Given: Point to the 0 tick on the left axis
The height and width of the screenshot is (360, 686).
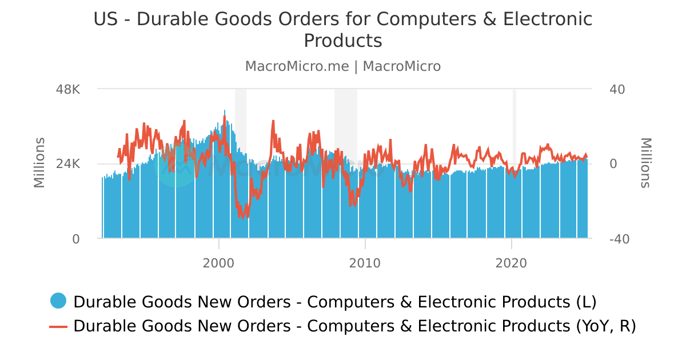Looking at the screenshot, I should pyautogui.click(x=76, y=239).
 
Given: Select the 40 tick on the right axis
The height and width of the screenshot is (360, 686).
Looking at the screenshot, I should pyautogui.click(x=617, y=90).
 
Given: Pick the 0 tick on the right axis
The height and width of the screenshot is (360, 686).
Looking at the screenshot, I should pyautogui.click(x=613, y=164).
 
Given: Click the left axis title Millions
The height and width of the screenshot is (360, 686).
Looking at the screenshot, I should pyautogui.click(x=39, y=163).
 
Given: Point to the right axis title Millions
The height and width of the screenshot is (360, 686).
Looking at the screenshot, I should pyautogui.click(x=645, y=163).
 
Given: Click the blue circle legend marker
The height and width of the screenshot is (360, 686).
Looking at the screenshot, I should pyautogui.click(x=58, y=301).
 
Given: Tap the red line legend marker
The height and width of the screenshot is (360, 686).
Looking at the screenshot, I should pyautogui.click(x=58, y=326).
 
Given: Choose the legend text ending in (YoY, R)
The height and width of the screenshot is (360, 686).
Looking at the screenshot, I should pyautogui.click(x=354, y=326).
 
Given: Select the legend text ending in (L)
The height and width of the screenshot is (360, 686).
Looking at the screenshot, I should pyautogui.click(x=335, y=301).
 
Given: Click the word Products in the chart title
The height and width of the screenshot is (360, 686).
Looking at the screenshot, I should pyautogui.click(x=342, y=41).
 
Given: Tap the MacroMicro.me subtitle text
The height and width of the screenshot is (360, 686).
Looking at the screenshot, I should pyautogui.click(x=297, y=66).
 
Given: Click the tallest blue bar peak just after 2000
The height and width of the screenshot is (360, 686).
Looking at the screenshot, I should pyautogui.click(x=225, y=111).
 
